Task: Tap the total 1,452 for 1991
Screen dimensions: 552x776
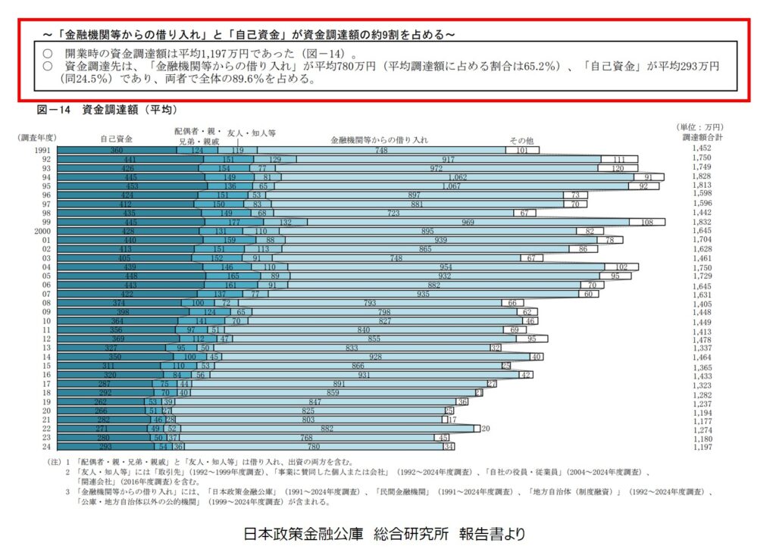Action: point(702,149)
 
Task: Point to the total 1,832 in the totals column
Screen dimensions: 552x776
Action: point(702,221)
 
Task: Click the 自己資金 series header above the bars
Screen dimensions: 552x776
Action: point(116,139)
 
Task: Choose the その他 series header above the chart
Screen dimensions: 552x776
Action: point(521,140)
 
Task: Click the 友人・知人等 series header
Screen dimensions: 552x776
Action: point(252,132)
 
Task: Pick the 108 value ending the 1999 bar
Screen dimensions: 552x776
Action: point(646,222)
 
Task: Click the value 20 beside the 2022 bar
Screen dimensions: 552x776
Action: point(486,429)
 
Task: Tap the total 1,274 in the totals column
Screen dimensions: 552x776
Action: point(702,429)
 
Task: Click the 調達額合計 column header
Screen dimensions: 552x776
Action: point(702,137)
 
